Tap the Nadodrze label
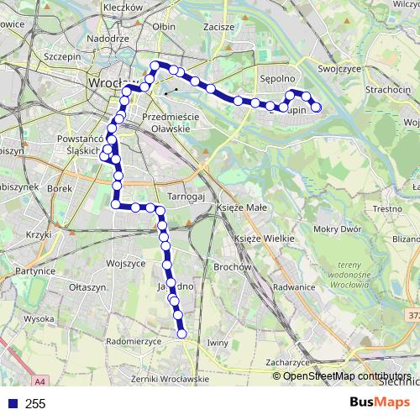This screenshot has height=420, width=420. coord(108,39)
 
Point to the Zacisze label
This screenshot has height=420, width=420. coord(218,27)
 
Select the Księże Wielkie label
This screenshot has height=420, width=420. coord(265,239)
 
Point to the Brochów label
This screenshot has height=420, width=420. coord(234,267)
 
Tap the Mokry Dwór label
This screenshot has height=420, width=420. coord(336,228)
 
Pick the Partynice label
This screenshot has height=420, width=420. coord(34,271)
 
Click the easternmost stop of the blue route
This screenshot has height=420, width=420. coord(317,107)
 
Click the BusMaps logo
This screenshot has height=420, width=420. coord(381,403)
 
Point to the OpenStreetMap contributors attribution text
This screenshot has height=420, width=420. coord(347,376)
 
